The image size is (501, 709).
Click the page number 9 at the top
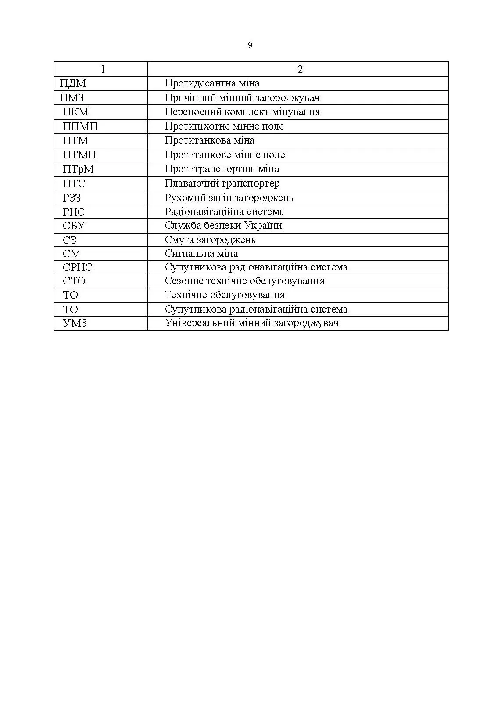[x=250, y=45]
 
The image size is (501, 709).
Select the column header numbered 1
[x=103, y=69]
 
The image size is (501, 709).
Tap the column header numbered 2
[x=300, y=69]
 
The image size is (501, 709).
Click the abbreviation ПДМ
[x=73, y=83]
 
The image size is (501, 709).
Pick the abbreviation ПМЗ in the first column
[x=72, y=98]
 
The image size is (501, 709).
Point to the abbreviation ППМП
[x=80, y=126]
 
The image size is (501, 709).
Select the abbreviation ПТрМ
[x=78, y=169]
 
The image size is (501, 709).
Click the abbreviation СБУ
[x=74, y=226]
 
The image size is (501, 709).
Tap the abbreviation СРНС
[x=78, y=267]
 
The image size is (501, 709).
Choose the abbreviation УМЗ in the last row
[x=75, y=323]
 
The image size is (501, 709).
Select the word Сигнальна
[x=187, y=254]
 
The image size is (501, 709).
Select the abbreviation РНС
[x=74, y=212]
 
